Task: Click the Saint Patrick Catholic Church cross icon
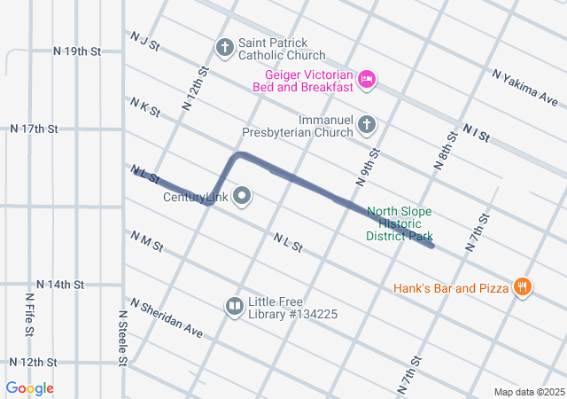225,46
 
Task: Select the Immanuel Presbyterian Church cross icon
366,125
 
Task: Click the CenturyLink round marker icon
240,197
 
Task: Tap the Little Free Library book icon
234,307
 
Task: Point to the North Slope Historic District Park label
400,224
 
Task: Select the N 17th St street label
34,129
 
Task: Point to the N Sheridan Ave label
167,318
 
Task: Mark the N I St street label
476,133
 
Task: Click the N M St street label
147,240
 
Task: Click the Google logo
30,388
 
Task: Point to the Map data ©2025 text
527,392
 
